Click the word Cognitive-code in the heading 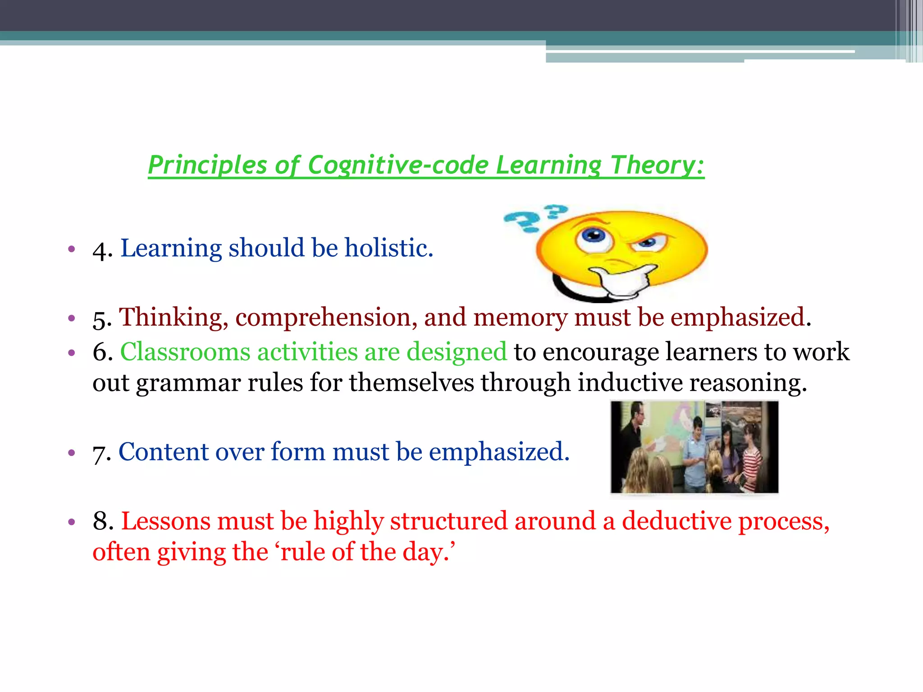pyautogui.click(x=398, y=165)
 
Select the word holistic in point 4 pyautogui.click(x=388, y=248)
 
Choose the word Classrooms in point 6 pyautogui.click(x=185, y=352)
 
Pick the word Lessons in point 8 pyautogui.click(x=166, y=521)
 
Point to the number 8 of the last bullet pyautogui.click(x=102, y=521)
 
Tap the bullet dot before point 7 pyautogui.click(x=71, y=452)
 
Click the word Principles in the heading pyautogui.click(x=207, y=165)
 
